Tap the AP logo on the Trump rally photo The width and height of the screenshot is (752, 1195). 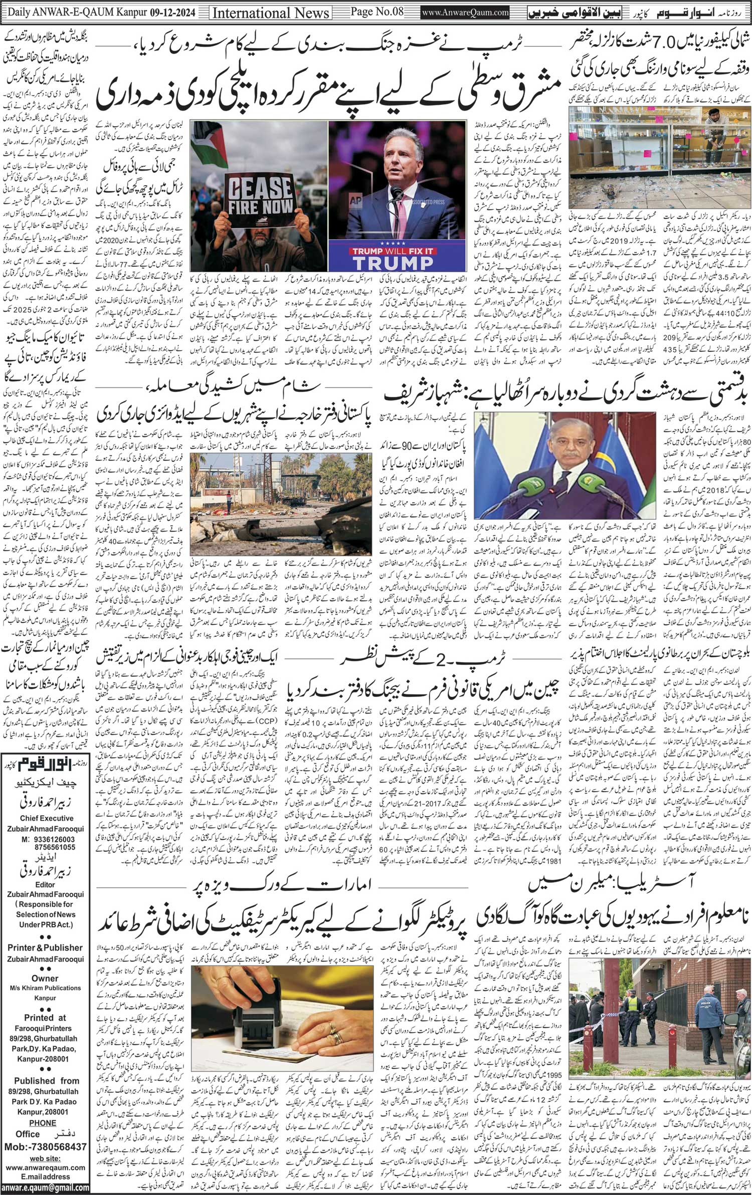tap(356, 199)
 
